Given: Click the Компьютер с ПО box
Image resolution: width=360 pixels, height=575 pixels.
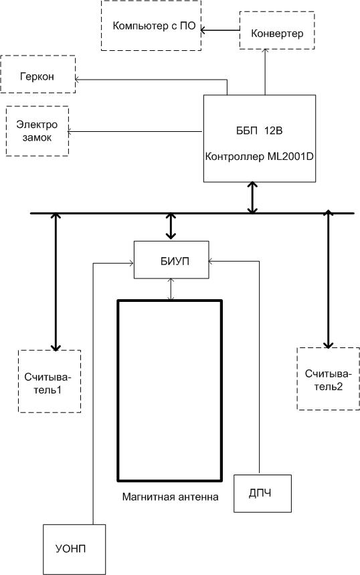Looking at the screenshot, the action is tap(151, 25).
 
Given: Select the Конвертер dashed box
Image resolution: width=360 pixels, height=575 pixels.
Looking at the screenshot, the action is tap(277, 30).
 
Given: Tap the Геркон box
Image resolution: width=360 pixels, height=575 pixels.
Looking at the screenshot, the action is tap(38, 74).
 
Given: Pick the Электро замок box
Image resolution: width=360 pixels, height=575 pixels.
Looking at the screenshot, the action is tap(37, 131).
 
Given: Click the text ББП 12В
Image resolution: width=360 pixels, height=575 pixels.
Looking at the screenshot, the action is tap(259, 131).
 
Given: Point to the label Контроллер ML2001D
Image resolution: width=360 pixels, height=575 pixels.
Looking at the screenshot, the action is tap(259, 157).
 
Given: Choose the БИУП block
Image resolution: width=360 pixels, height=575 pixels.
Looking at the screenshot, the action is tap(171, 260).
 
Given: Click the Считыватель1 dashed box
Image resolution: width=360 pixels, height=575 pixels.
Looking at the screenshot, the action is tap(50, 382).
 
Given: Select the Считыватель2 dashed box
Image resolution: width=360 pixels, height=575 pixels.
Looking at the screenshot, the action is tap(328, 378).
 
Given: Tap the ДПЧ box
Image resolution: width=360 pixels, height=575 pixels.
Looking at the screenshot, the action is tap(262, 493).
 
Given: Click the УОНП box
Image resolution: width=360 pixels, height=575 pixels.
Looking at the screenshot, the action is tap(74, 549).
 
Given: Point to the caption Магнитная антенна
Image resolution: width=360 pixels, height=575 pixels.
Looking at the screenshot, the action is tap(171, 497).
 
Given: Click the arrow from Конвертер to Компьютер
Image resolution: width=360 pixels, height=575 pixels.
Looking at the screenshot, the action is tap(220, 30).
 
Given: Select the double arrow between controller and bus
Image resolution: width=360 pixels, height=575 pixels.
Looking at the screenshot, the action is tap(252, 197).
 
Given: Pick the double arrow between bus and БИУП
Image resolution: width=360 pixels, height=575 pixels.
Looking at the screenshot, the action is tap(171, 227).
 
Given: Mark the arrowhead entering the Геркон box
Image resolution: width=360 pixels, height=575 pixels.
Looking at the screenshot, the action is tap(78, 79).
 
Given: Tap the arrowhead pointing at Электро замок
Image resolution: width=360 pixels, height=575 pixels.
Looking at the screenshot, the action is tap(70, 131).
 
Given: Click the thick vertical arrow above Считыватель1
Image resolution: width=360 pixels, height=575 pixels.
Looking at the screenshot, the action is tap(56, 282).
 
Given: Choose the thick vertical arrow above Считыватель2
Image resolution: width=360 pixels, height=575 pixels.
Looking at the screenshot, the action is tap(328, 279).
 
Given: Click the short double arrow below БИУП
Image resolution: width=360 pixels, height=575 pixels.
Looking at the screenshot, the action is tap(171, 289).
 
